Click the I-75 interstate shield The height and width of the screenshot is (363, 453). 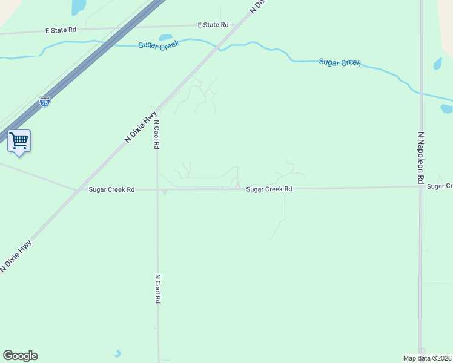pyautogui.click(x=45, y=102)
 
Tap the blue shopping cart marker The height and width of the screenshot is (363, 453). pyautogui.click(x=19, y=141)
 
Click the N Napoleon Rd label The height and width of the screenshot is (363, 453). pyautogui.click(x=420, y=158)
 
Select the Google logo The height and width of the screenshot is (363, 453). pyautogui.click(x=20, y=356)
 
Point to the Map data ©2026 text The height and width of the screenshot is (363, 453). pyautogui.click(x=427, y=358)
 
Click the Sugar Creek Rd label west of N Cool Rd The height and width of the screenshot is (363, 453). pyautogui.click(x=111, y=189)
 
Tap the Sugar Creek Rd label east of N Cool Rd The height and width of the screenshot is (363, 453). pyautogui.click(x=269, y=189)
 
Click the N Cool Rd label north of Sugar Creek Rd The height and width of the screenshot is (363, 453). pyautogui.click(x=156, y=131)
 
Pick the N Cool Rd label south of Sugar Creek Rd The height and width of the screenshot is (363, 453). pyautogui.click(x=157, y=289)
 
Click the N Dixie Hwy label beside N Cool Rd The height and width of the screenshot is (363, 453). pyautogui.click(x=141, y=126)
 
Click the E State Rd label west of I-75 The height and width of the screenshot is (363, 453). pyautogui.click(x=61, y=30)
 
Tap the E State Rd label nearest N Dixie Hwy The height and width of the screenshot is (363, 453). pyautogui.click(x=213, y=25)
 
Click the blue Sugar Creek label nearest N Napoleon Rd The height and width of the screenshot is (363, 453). pyautogui.click(x=340, y=62)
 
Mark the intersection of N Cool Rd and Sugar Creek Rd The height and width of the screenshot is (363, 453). pyautogui.click(x=157, y=189)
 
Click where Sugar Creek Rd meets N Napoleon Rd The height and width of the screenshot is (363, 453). pyautogui.click(x=420, y=186)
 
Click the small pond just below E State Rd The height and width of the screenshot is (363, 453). pyautogui.click(x=165, y=38)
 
